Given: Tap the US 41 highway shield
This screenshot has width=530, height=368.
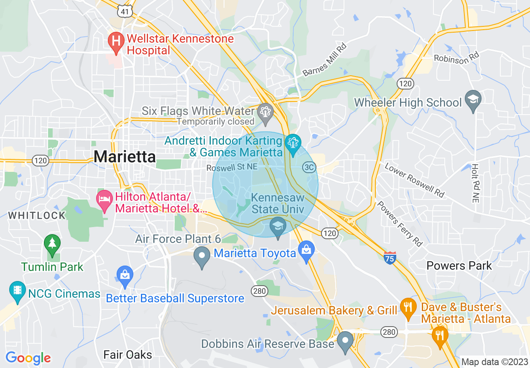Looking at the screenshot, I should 125,11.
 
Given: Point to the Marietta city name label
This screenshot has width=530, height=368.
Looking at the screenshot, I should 125,156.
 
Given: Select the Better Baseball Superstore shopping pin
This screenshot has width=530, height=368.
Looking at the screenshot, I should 125,276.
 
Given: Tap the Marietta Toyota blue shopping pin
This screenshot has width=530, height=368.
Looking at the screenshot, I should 306,250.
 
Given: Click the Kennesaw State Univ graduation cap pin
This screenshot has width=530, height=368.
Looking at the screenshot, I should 278,227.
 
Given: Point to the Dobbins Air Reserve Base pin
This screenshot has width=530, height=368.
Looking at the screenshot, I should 345,341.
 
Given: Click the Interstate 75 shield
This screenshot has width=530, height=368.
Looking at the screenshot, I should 390,258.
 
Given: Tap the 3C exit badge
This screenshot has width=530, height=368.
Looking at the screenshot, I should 309,167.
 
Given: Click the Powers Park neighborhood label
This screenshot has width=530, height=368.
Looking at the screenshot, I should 459,266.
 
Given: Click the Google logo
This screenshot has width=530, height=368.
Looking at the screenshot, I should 28,358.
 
